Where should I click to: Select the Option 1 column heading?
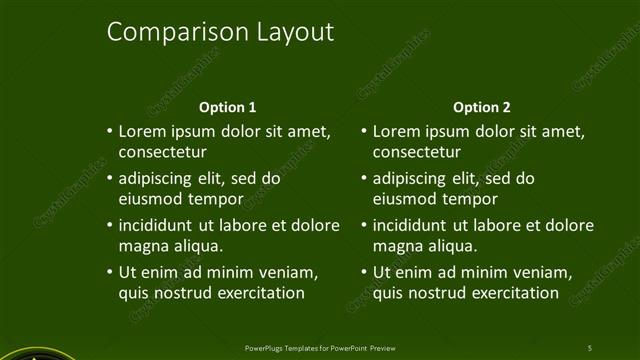click(228, 107)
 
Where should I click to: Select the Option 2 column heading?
click(482, 107)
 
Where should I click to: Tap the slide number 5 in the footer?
click(589, 347)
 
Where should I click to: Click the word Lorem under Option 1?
click(142, 131)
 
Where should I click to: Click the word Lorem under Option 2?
click(396, 131)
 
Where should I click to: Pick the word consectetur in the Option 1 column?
click(162, 153)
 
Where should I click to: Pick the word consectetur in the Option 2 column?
click(416, 153)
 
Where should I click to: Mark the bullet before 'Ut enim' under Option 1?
click(109, 272)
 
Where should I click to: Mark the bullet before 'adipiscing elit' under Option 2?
click(363, 178)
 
